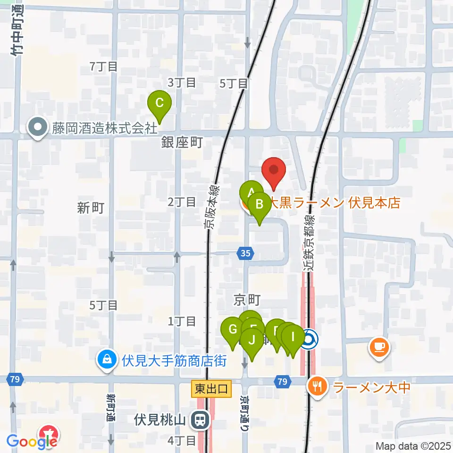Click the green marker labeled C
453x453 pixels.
click(159, 103)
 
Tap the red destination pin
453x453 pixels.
click(275, 169)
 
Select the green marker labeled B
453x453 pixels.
click(259, 204)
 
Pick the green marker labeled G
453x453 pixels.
click(232, 329)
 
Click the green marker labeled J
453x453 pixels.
click(252, 340)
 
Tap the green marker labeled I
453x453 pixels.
click(293, 337)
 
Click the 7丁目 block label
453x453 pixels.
click(104, 67)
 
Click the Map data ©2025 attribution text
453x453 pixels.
click(413, 445)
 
